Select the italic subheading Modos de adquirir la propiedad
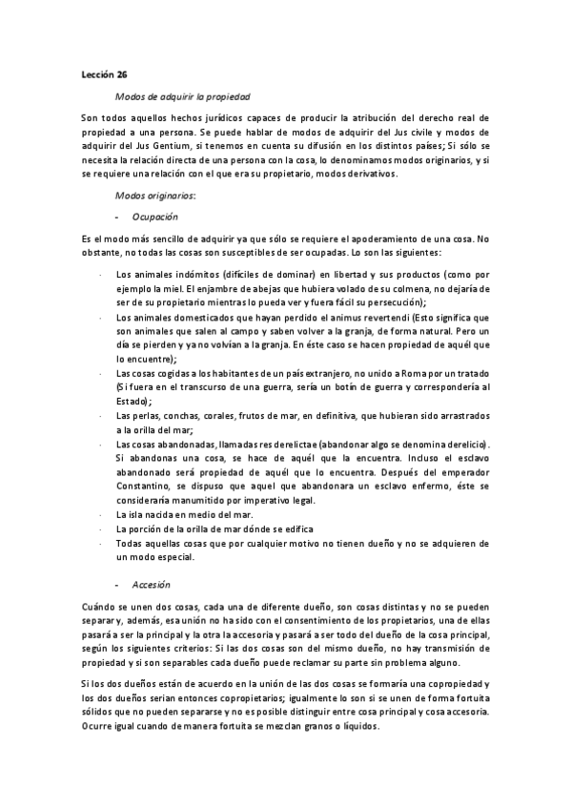pos(182,96)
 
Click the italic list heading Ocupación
pos(156,217)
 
